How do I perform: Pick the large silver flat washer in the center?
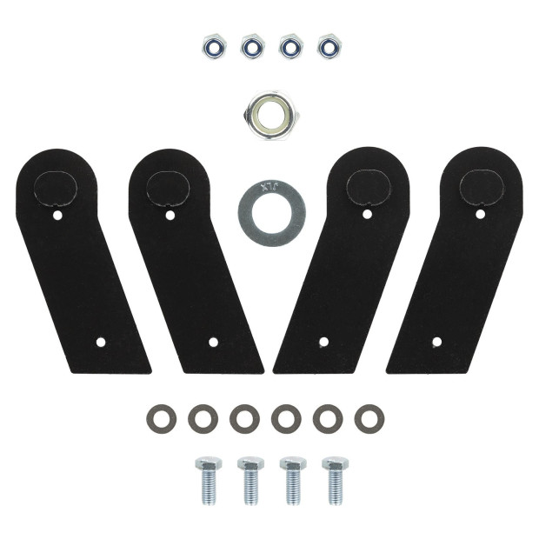272,214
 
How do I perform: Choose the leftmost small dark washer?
161,418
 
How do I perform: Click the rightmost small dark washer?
369,418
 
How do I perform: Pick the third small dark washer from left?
244,418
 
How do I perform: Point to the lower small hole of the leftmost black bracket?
101,343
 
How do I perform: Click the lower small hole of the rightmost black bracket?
436,343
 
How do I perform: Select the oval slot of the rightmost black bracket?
481,185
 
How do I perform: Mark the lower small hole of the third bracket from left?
323,343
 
